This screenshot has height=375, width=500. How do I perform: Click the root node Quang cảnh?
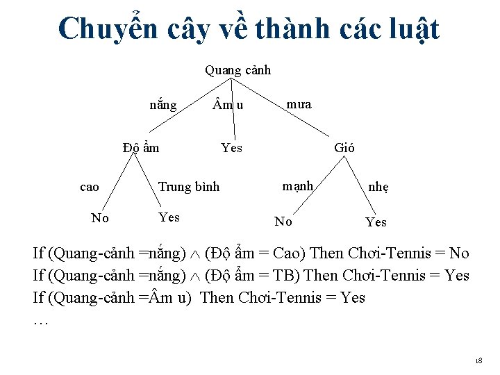pos(237,70)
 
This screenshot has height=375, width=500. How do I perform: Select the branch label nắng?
pos(163,106)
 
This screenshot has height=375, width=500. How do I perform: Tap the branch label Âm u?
pos(228,106)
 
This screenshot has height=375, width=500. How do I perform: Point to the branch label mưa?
pos(299,105)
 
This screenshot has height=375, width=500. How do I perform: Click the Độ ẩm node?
pos(140,147)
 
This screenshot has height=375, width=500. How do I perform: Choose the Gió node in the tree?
pos(344,147)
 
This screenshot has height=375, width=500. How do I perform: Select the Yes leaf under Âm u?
pos(231,147)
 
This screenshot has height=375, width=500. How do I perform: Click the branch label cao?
pos(90,186)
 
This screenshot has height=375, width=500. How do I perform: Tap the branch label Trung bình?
pos(189,186)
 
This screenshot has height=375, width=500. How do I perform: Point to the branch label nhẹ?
pos(378,187)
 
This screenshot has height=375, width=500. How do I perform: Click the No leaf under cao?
pos(100,219)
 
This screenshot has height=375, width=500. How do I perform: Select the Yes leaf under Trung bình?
pos(169,217)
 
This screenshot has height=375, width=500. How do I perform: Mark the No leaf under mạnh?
pos(283,222)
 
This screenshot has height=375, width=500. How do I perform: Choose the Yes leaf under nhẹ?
pos(376,222)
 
